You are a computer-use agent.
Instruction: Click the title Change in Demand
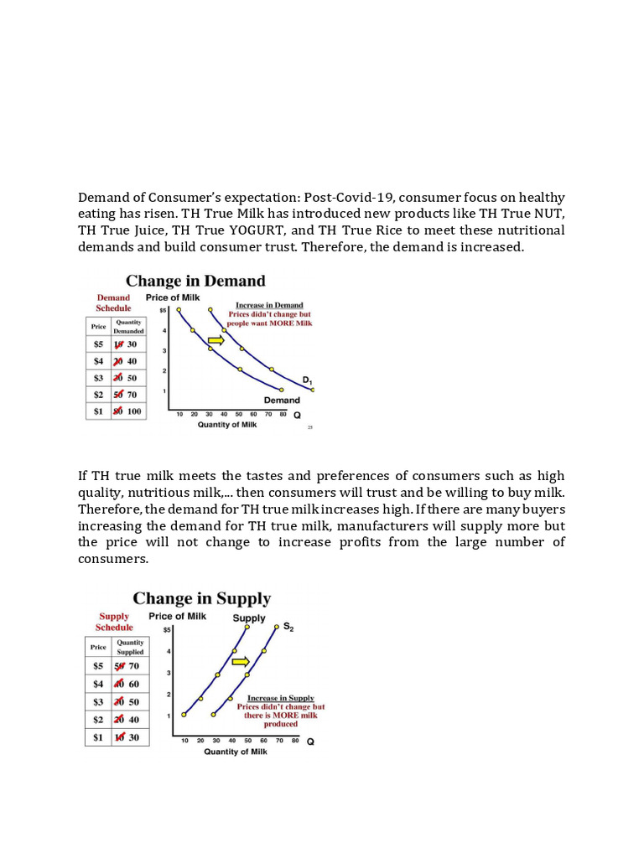tap(195, 281)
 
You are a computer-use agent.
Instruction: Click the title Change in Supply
tap(202, 598)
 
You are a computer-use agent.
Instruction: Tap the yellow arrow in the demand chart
tap(216, 340)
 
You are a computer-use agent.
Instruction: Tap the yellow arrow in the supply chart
tap(241, 661)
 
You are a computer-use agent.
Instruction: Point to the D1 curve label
tap(308, 380)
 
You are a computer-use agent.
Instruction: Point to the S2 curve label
tap(288, 626)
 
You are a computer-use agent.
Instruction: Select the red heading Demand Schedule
tap(113, 302)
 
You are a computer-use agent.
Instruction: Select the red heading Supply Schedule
tap(114, 622)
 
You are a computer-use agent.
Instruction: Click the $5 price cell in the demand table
tap(98, 344)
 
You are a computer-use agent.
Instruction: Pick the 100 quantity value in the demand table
tap(134, 411)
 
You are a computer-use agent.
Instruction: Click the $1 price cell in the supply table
tap(98, 737)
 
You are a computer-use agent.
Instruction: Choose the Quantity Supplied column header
tap(130, 647)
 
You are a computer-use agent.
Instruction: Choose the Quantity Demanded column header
tap(129, 326)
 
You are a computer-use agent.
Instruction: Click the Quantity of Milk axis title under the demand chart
tap(227, 424)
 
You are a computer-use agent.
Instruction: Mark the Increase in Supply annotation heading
tap(280, 698)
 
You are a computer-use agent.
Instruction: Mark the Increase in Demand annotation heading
tap(269, 306)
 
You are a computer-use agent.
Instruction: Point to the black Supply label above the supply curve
tap(249, 618)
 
